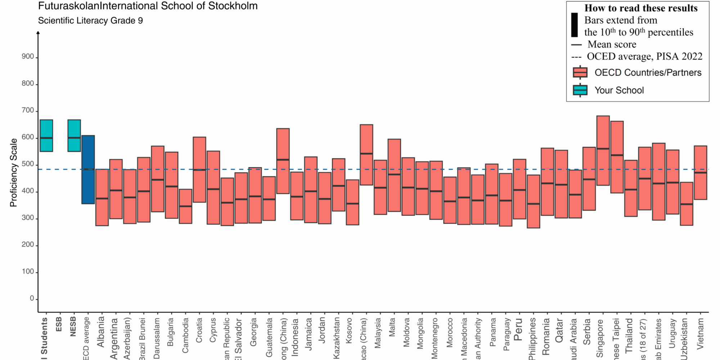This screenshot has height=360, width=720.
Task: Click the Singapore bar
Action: click(603, 150)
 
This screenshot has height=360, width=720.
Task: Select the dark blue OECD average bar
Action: click(88, 170)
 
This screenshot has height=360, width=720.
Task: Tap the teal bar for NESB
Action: click(74, 135)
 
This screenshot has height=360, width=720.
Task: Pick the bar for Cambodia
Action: click(185, 206)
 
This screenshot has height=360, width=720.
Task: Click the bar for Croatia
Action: click(199, 170)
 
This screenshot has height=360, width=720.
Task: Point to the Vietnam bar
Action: click(700, 172)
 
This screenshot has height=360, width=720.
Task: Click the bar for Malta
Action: click(394, 175)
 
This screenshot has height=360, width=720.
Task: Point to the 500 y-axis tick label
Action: click(28, 164)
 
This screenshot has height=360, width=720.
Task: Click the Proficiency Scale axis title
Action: click(14, 173)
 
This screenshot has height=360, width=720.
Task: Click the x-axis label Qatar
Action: click(559, 330)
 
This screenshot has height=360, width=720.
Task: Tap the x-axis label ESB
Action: click(59, 324)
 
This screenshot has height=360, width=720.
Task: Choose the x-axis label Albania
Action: click(101, 332)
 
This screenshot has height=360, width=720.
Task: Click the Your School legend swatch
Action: click(580, 90)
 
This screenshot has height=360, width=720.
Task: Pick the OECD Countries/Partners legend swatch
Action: click(580, 72)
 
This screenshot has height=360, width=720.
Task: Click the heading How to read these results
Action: click(641, 8)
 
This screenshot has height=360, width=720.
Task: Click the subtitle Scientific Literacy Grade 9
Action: click(90, 21)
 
